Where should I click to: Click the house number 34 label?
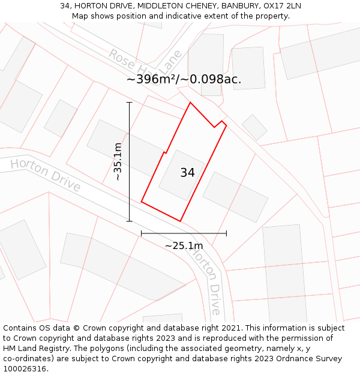187,173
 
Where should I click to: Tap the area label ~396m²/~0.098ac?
184,79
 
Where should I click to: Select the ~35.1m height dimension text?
118,161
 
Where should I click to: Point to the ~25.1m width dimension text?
184,245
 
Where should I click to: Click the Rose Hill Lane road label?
145,65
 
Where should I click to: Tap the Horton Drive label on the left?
46,175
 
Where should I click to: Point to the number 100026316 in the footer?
24,369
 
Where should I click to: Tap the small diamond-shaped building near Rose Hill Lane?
254,127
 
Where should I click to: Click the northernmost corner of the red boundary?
190,103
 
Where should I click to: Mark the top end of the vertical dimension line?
129,103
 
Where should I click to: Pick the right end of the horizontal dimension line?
226,233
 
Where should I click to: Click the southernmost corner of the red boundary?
180,221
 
